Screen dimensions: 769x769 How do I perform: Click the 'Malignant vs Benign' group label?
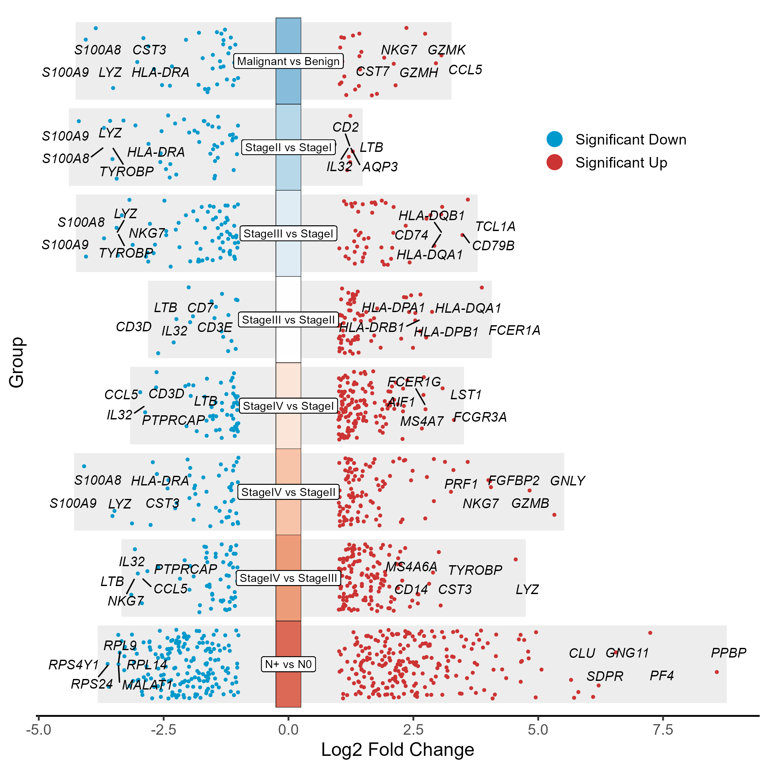click(x=288, y=61)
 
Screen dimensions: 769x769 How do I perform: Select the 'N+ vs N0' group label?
click(x=288, y=664)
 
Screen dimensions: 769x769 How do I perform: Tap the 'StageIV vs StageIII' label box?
click(x=288, y=578)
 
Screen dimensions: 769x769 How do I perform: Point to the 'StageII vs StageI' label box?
click(x=288, y=147)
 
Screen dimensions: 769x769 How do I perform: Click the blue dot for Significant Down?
click(x=554, y=139)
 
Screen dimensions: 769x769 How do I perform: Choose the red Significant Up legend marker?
click(x=554, y=162)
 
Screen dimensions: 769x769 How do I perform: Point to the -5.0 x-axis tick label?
click(x=38, y=730)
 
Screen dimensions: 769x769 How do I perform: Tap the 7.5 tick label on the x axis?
click(x=663, y=730)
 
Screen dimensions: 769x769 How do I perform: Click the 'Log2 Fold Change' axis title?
click(x=397, y=750)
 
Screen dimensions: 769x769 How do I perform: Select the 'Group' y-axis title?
click(x=17, y=362)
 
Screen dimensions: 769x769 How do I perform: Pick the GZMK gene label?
click(x=446, y=50)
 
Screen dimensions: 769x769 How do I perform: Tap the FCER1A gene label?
click(x=514, y=330)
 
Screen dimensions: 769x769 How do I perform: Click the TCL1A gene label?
click(x=495, y=227)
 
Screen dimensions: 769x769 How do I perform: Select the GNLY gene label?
click(x=567, y=481)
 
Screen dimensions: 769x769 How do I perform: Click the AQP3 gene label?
click(x=380, y=167)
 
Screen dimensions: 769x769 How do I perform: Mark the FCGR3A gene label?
click(x=480, y=417)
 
